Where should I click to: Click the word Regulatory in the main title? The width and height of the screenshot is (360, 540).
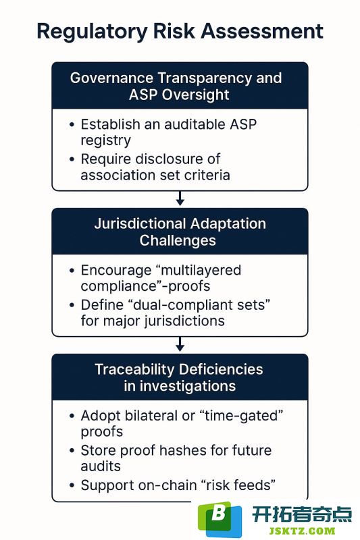click(92, 32)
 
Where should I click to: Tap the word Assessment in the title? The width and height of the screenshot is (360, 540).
click(262, 31)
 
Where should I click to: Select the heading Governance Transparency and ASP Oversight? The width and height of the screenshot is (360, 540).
click(176, 86)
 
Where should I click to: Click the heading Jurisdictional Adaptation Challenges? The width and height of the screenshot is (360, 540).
click(180, 232)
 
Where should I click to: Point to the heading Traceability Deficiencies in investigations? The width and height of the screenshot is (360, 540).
click(179, 377)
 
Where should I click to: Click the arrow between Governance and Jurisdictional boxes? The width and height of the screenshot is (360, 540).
click(180, 198)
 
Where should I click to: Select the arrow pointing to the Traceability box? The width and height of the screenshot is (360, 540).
click(180, 344)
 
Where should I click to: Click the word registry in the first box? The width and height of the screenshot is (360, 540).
click(106, 141)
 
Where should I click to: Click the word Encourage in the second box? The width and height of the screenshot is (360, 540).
click(115, 271)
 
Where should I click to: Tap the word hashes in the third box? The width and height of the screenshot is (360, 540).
click(194, 450)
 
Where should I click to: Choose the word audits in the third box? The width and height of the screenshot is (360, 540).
click(101, 466)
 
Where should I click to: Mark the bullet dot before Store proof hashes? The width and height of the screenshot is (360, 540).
click(72, 451)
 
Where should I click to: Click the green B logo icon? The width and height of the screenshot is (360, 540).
click(220, 519)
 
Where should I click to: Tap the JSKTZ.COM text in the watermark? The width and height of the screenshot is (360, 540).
click(302, 531)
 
